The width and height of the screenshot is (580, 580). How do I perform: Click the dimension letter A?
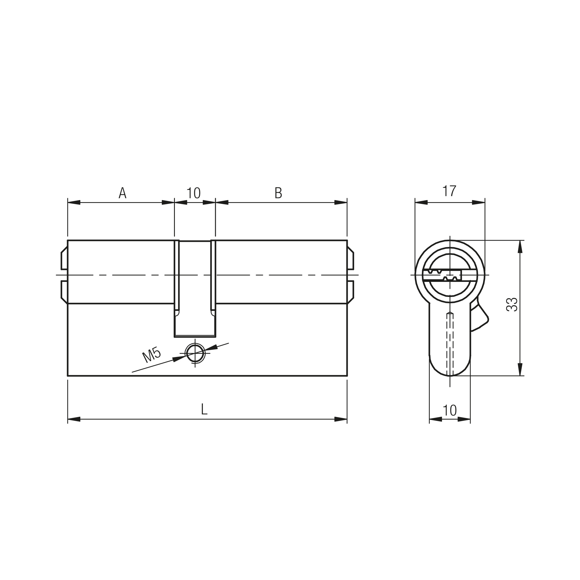tap(122, 193)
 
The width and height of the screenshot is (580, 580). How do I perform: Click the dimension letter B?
tap(278, 193)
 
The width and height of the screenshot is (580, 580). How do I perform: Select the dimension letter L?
tap(204, 409)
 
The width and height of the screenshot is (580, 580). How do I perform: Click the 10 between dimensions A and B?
tap(194, 193)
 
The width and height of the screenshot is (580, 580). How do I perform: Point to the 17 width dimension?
tap(449, 191)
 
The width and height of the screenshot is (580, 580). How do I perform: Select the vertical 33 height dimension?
tap(512, 304)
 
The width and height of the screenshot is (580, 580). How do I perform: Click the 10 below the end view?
tap(449, 410)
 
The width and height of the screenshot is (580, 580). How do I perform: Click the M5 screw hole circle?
tap(195, 353)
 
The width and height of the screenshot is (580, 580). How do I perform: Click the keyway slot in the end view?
tap(444, 275)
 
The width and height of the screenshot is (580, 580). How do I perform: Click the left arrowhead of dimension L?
tap(74, 419)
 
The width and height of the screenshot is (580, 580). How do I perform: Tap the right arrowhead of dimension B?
tap(341, 202)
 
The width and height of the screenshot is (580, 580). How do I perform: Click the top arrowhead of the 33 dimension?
tap(520, 246)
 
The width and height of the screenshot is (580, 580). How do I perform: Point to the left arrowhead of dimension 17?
tap(421, 202)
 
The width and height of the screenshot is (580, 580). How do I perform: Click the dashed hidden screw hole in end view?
tap(450, 342)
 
